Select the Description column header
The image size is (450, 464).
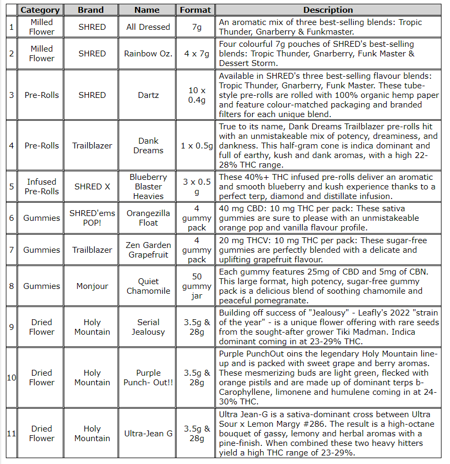(328, 10)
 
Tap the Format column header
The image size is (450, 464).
(196, 10)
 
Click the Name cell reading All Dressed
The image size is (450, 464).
(148, 27)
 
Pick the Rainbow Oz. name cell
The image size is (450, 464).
(148, 54)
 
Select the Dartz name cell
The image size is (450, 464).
(148, 95)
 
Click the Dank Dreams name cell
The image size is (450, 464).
(148, 146)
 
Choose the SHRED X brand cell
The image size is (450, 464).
(92, 187)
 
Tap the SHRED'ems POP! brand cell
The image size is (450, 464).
(92, 218)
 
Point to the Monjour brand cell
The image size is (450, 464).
(92, 286)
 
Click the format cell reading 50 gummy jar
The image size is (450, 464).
(196, 286)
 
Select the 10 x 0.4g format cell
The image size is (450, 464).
(196, 95)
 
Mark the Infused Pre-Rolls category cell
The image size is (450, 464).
(41, 187)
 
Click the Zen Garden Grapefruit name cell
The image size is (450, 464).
(148, 250)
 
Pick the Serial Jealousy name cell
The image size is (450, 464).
(148, 327)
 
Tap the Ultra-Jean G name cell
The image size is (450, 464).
(148, 434)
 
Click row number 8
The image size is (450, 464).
(12, 286)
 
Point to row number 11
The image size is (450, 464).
(12, 434)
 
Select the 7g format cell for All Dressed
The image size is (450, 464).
(196, 27)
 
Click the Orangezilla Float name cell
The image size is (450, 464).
(148, 218)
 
